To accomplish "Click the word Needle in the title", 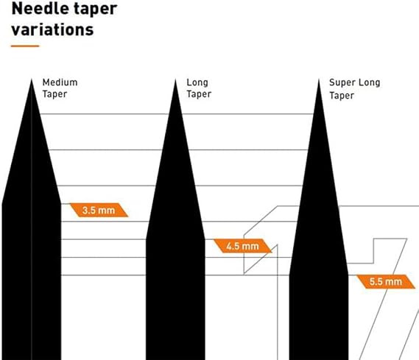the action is point(41,9).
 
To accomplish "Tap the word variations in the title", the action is point(52,29).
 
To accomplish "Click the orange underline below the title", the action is point(25,46).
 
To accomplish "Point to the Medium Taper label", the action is point(60,88).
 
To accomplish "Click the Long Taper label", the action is point(199,88).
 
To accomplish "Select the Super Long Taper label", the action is point(355,89).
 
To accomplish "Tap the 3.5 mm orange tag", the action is point(99,210).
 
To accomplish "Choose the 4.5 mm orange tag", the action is point(242,246).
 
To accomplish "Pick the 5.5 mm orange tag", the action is point(386,282).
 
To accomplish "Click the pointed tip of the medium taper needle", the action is point(32,80).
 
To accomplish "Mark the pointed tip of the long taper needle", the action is point(175,80).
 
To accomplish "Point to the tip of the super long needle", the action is point(319,80).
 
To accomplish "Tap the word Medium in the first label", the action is point(60,82).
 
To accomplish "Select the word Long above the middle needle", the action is point(197,82).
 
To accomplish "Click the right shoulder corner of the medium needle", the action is point(61,204).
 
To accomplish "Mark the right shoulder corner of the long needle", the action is point(205,239).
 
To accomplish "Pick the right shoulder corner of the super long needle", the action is point(348,275).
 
